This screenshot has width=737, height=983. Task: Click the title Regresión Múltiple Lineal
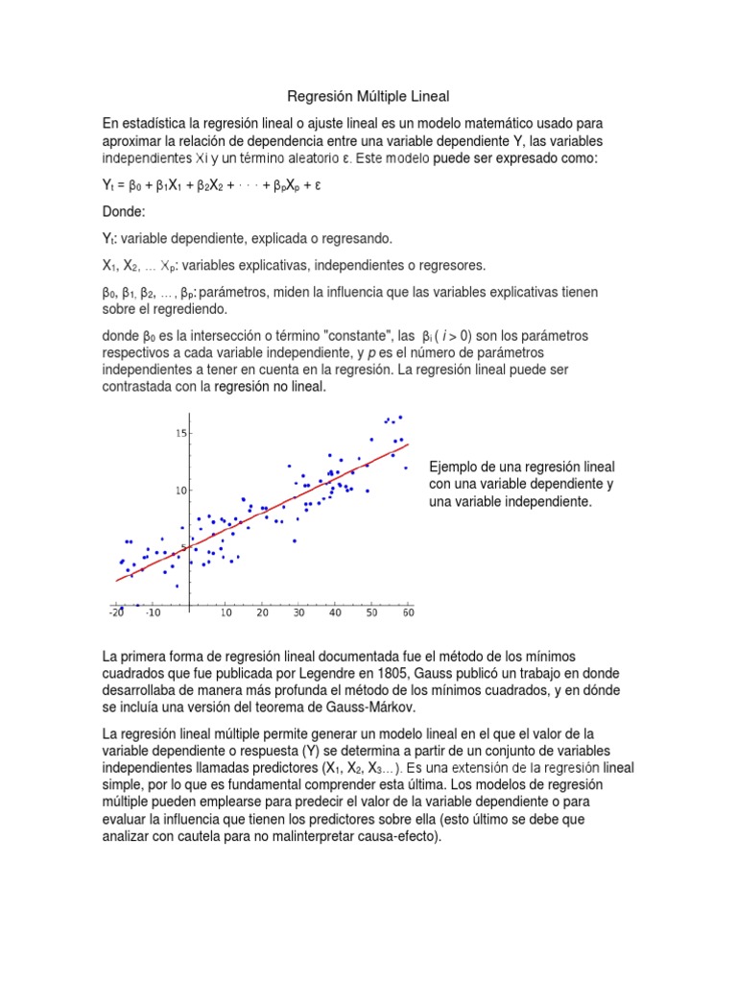point(368,97)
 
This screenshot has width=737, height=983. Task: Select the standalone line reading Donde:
point(123,210)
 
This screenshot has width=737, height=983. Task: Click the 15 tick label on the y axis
point(179,434)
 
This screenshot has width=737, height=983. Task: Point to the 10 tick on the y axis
point(179,491)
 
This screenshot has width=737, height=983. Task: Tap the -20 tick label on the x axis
point(117,611)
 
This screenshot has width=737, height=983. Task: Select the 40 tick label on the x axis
point(334,611)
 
